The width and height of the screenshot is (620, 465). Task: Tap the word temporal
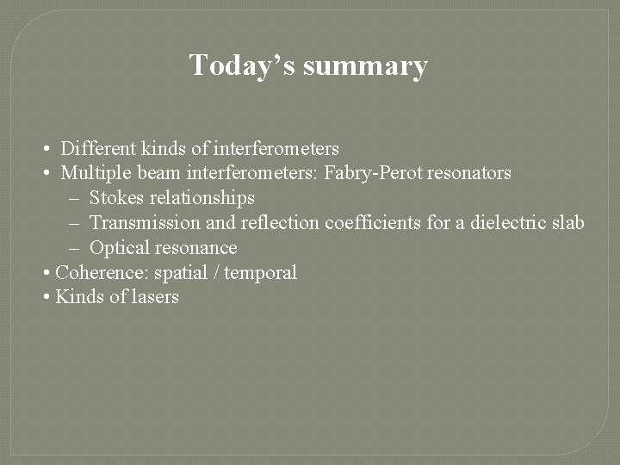[x=260, y=273]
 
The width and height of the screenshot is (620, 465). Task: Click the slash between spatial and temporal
[x=215, y=273]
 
